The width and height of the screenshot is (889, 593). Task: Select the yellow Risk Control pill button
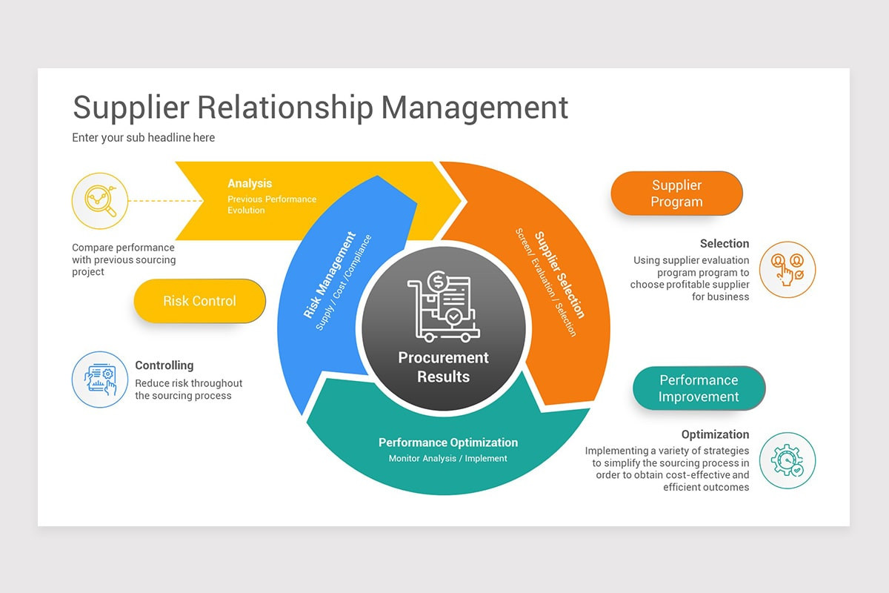[x=199, y=301]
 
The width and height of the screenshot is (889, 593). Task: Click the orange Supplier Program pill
[x=676, y=193]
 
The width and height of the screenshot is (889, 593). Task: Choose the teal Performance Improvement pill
[x=699, y=388]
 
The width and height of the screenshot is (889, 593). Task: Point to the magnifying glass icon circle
[x=100, y=200]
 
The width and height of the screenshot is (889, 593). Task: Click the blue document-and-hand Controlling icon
[x=100, y=380]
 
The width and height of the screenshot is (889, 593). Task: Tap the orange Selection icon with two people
[x=788, y=270]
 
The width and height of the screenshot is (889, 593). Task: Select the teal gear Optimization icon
[x=788, y=460]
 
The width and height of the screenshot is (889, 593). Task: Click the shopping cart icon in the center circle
[x=443, y=308]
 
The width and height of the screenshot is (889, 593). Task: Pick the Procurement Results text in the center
[x=443, y=367]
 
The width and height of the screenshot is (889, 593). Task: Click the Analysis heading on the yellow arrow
[x=250, y=184]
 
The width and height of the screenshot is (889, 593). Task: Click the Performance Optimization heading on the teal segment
[x=448, y=443]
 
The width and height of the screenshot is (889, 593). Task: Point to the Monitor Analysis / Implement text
[x=448, y=459]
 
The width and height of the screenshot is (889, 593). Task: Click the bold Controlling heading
[x=164, y=365]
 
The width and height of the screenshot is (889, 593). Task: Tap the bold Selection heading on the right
[x=724, y=244]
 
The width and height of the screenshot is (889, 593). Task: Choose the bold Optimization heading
[x=715, y=435]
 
